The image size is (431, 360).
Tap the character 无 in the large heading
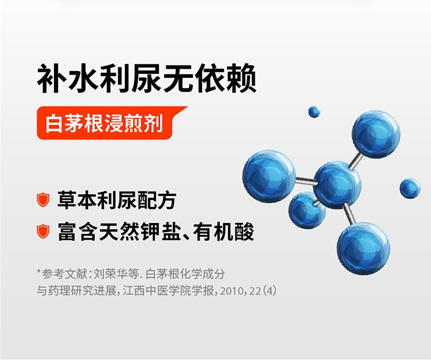[179, 78]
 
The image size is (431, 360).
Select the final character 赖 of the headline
[241, 78]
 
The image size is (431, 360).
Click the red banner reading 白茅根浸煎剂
[111, 123]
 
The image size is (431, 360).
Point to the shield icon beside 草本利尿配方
[43, 200]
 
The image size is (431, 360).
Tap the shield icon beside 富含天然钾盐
[43, 231]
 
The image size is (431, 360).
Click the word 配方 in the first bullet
[157, 200]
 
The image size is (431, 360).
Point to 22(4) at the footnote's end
[263, 291]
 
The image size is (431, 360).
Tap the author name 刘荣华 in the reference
[111, 274]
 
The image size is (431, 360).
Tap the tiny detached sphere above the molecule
[314, 112]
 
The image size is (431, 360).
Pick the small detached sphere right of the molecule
[410, 188]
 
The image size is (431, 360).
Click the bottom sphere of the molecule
[363, 249]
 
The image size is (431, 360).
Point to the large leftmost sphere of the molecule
[269, 176]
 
